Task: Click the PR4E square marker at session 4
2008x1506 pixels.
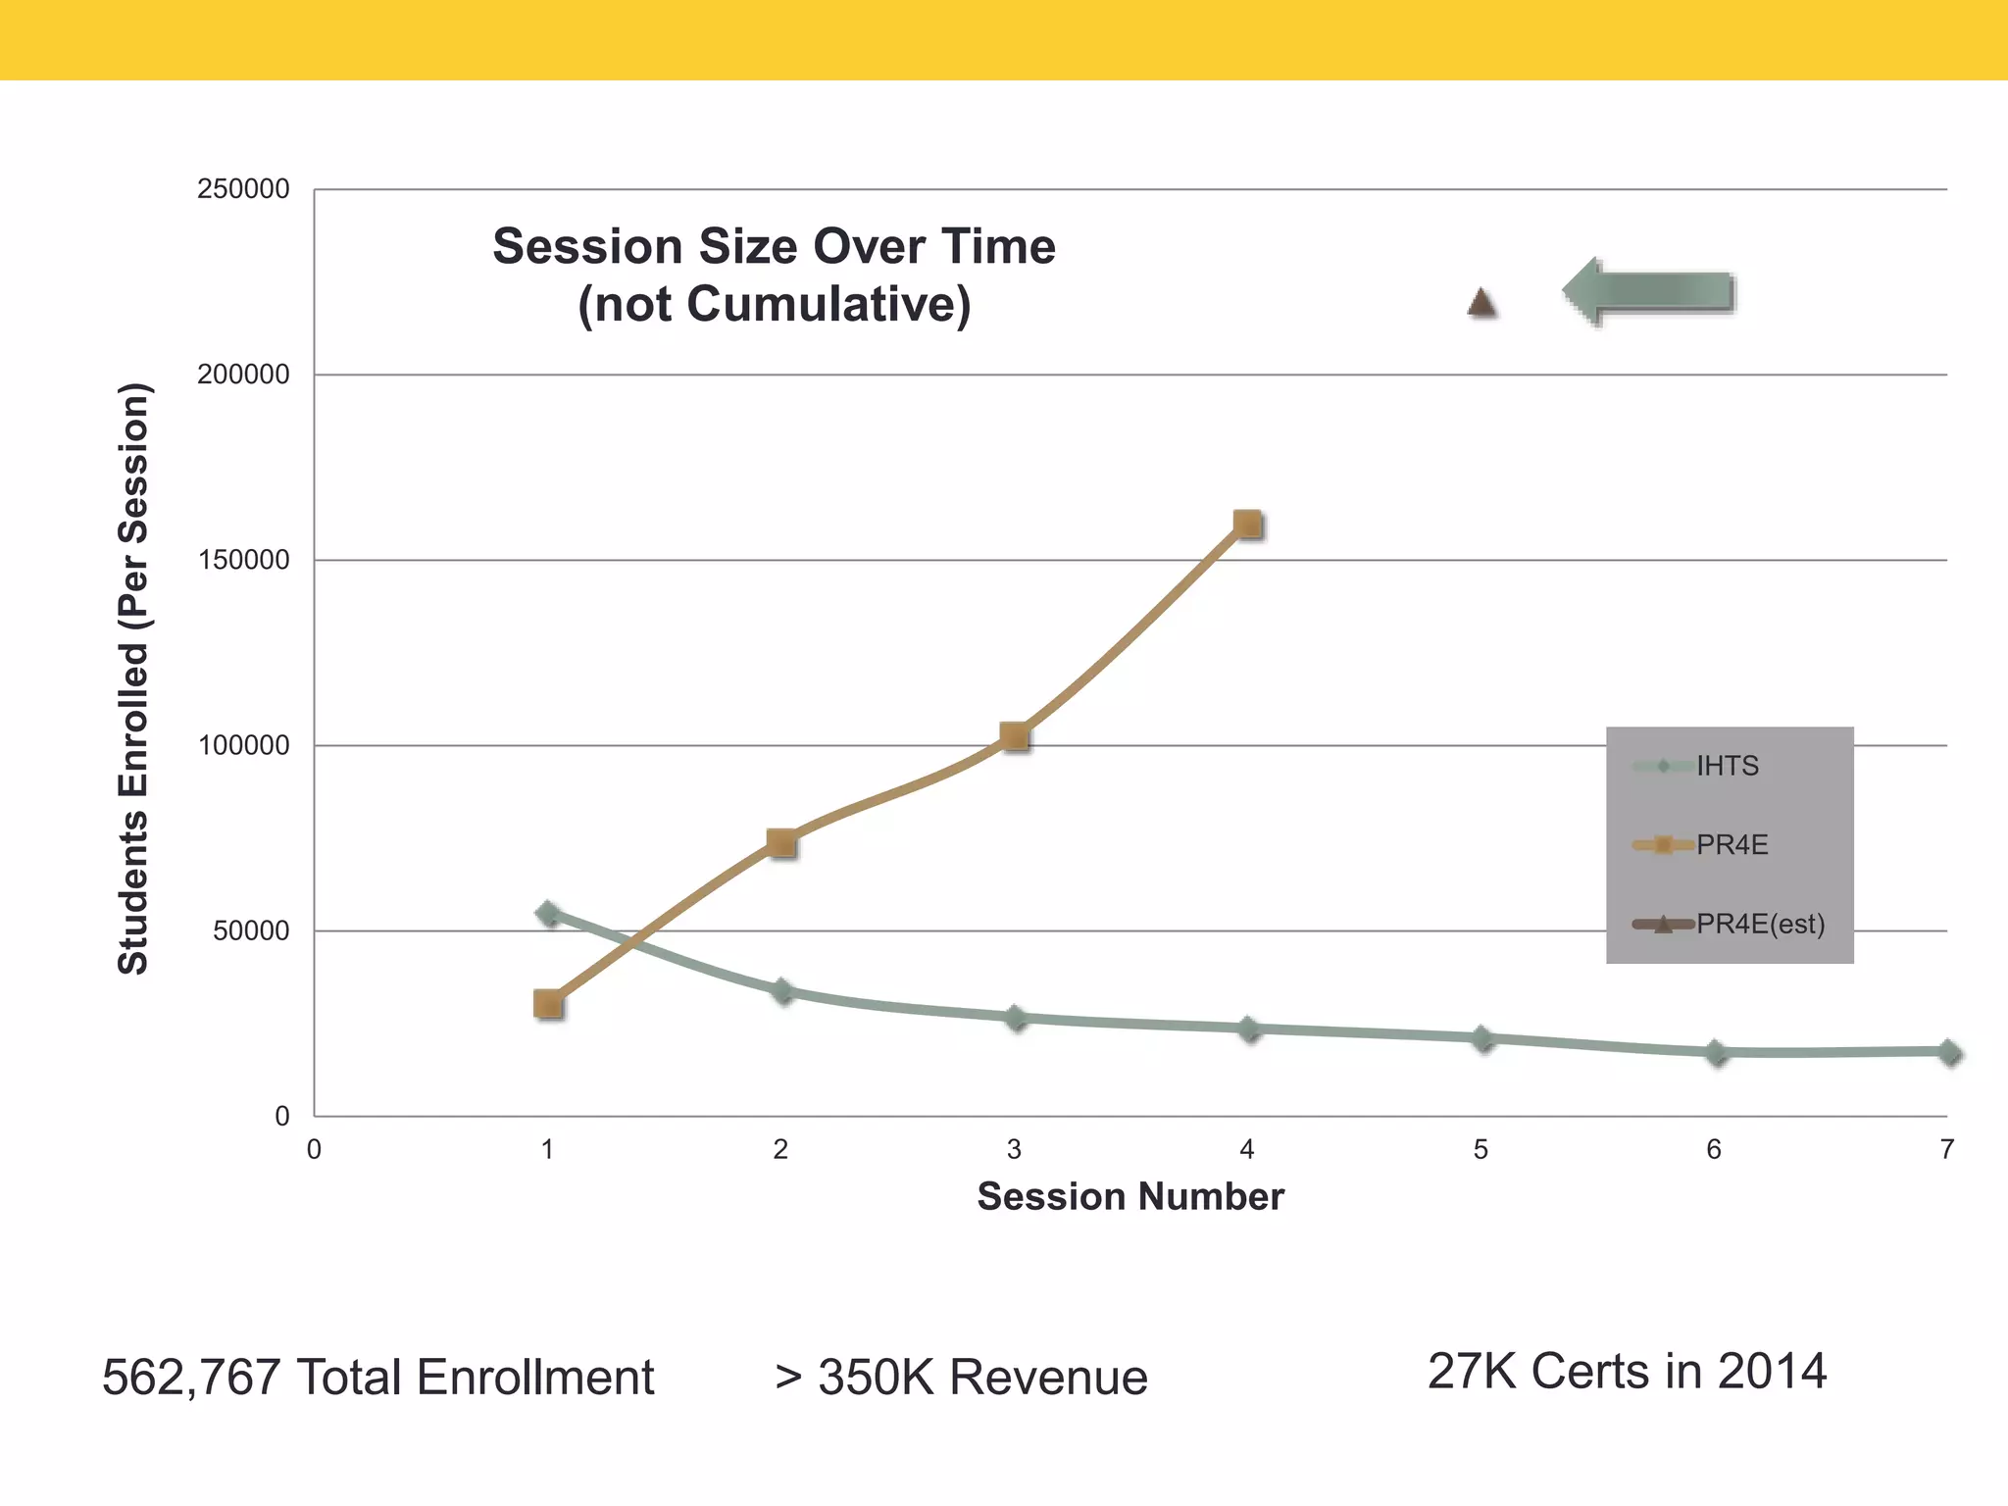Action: pos(1247,525)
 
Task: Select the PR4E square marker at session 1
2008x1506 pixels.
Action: pos(548,1003)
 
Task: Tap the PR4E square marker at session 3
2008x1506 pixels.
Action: pos(1015,736)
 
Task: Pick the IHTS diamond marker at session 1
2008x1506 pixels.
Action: pos(549,914)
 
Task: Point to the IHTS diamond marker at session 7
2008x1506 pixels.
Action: pos(1949,1053)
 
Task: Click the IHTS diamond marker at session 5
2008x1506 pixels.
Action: pos(1483,1039)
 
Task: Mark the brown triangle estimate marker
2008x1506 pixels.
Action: pos(1481,304)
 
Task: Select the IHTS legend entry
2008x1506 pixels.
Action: pos(1728,766)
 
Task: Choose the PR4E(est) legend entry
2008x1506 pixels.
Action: pos(1760,924)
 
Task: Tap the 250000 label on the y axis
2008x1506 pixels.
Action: pos(243,189)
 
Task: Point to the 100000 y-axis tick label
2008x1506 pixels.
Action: pos(243,745)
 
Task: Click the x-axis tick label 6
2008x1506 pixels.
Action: pos(1714,1149)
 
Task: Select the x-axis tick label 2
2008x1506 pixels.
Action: pos(780,1149)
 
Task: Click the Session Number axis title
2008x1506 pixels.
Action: pos(1130,1197)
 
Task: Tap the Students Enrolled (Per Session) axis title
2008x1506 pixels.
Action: pos(133,678)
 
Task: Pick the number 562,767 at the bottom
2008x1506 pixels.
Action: pos(191,1378)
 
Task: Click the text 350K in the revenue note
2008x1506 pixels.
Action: pos(876,1378)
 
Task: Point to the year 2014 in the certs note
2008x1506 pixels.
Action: pos(1772,1371)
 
